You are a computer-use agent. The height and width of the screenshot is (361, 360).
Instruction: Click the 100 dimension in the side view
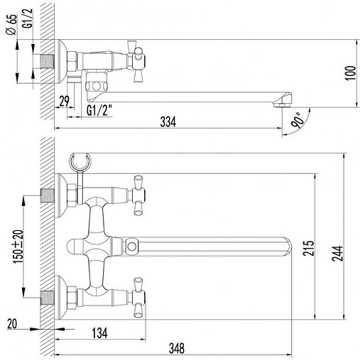347,74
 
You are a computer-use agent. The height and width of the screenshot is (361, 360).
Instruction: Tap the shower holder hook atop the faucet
80,162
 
